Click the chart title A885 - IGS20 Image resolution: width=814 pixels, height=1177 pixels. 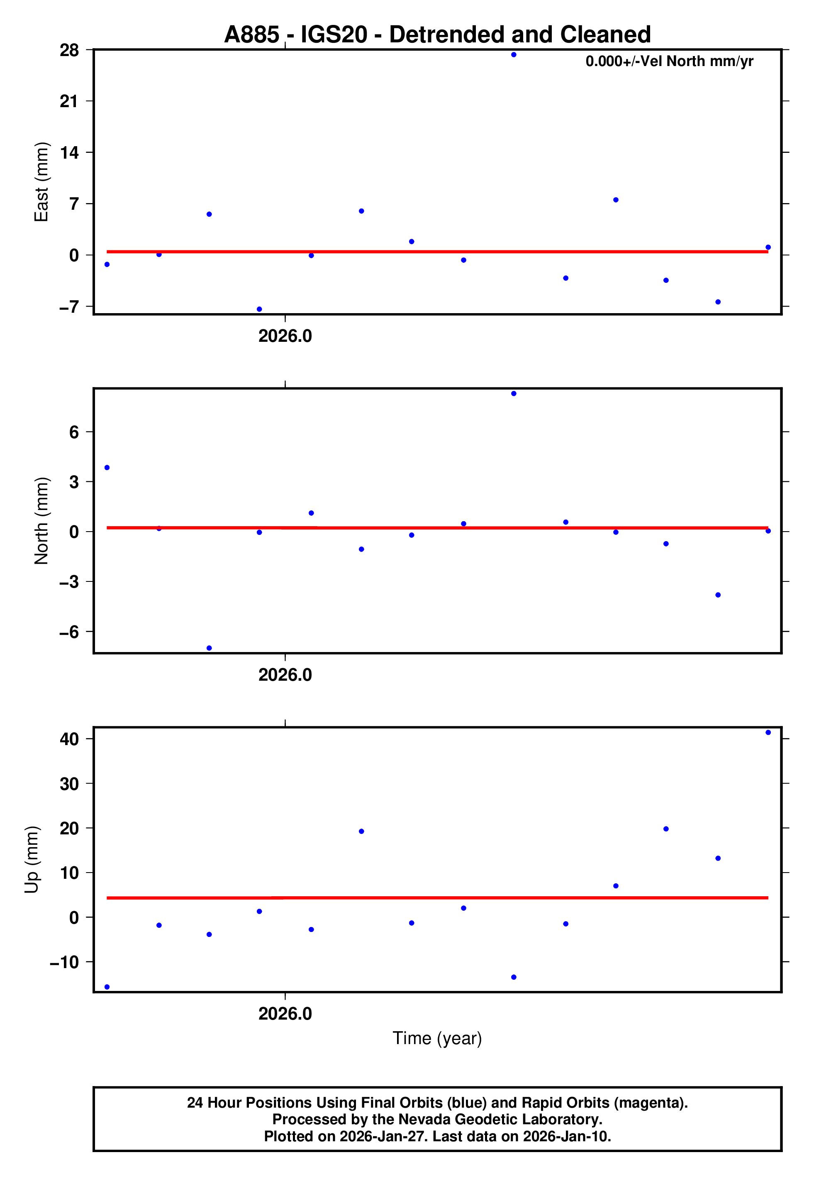coord(437,35)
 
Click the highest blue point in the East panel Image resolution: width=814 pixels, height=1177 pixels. coord(514,54)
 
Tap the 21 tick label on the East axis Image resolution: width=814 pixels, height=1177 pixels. coord(69,101)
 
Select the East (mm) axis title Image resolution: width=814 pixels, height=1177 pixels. coord(41,182)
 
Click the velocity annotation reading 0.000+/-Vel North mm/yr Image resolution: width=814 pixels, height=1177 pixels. coord(669,61)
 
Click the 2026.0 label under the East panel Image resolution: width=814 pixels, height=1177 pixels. coord(285,336)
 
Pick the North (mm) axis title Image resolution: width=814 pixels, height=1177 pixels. coord(41,521)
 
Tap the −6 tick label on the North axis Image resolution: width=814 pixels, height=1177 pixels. coord(69,632)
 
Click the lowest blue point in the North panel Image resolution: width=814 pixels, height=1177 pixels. coord(209,648)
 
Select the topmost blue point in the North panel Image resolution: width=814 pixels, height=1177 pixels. coord(514,394)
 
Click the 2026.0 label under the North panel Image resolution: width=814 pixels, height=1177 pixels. coord(285,675)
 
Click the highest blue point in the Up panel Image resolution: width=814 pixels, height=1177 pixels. coord(768,733)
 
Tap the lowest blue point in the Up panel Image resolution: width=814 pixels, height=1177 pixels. coord(107,987)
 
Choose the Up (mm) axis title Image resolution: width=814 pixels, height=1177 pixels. coord(32,860)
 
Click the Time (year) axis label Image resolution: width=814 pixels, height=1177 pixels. coord(437,1038)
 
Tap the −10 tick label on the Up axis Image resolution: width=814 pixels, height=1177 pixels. coord(64,962)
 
